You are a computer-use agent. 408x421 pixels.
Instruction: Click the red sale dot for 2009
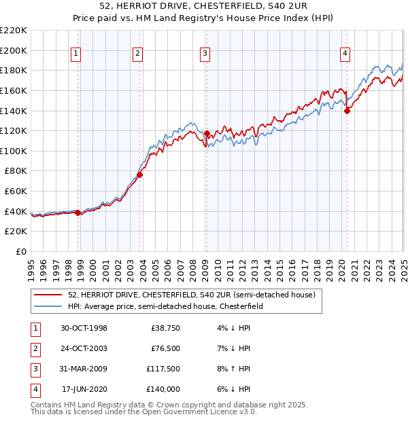click(x=207, y=133)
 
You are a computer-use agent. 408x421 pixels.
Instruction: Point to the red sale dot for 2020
click(x=347, y=111)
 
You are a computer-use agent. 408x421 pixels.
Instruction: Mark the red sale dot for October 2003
click(x=139, y=175)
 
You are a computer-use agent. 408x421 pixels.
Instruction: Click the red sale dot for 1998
click(x=78, y=213)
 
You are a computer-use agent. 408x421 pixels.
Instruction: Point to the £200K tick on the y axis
click(x=14, y=50)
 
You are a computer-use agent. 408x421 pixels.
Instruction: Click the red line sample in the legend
click(x=49, y=295)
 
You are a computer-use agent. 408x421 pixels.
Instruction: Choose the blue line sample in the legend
click(x=49, y=307)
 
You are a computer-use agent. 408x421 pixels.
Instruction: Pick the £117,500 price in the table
click(x=164, y=370)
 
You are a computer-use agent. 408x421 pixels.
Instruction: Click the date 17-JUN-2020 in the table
click(x=84, y=389)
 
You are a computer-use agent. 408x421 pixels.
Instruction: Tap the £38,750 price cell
click(x=165, y=328)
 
